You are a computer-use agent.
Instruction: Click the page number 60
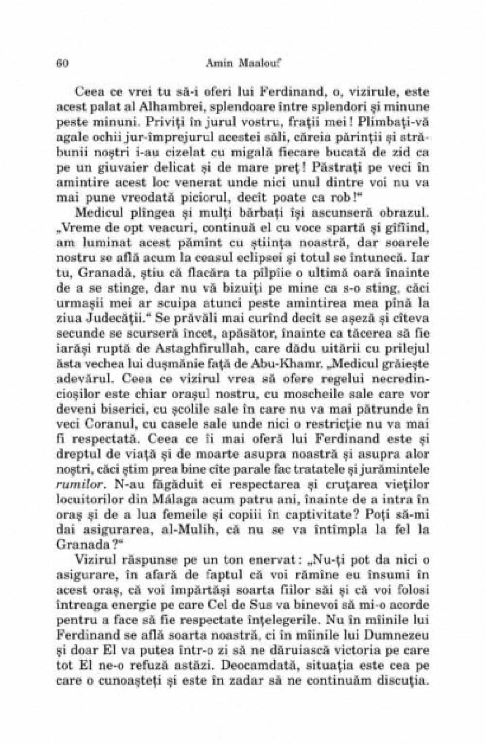click(x=61, y=62)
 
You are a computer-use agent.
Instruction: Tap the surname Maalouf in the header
click(x=264, y=62)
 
